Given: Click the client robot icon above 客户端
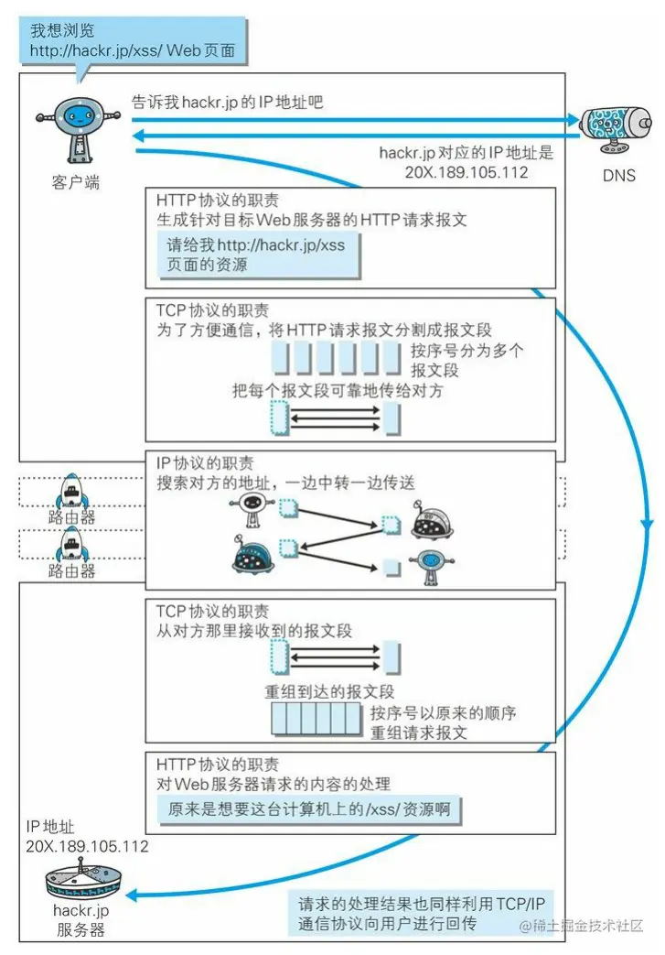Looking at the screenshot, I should pyautogui.click(x=76, y=128).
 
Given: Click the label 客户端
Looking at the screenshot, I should pyautogui.click(x=76, y=182).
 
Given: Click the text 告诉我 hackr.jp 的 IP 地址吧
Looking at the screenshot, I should pyautogui.click(x=228, y=103).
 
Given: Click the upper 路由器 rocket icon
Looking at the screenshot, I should pyautogui.click(x=72, y=491).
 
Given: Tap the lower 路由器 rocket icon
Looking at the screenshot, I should pyautogui.click(x=72, y=546).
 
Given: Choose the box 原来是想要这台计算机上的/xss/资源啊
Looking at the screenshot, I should pyautogui.click(x=311, y=809).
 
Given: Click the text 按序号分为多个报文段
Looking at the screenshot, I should pyautogui.click(x=467, y=361).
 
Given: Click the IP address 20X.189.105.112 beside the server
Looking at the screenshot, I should pyautogui.click(x=88, y=847).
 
